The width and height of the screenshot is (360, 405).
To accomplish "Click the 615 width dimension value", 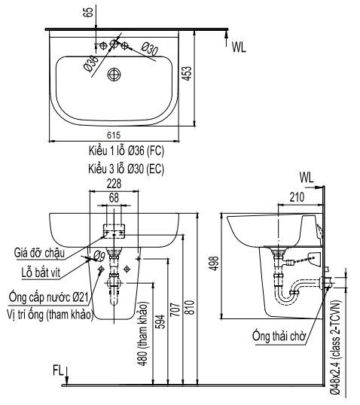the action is point(114,135).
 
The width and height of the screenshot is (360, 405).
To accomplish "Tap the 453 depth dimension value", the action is point(188,74).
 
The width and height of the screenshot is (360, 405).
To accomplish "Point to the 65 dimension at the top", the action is point(88,12).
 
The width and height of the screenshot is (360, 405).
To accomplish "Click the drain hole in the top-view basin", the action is point(114,75).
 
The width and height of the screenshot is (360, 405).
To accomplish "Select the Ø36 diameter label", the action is point(91,63).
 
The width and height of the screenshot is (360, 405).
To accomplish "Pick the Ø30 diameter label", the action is point(150,49).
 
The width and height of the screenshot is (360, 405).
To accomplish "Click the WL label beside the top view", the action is point(239,47).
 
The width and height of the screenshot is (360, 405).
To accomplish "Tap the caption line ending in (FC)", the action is point(127,151).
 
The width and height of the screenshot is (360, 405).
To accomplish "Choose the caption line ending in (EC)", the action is point(127,169).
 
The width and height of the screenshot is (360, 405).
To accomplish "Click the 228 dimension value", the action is point(114,184).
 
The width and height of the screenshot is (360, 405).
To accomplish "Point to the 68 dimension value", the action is point(114,198).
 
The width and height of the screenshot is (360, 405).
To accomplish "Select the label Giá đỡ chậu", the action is point(39,252).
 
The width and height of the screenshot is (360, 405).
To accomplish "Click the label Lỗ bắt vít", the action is point(41,273).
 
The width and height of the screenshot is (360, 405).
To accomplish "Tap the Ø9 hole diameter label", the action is point(99,256).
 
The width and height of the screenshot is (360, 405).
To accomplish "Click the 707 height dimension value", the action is point(175,309).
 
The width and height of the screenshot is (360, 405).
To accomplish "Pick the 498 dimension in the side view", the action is point(214,263).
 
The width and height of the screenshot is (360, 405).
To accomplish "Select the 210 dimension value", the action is point(297,197).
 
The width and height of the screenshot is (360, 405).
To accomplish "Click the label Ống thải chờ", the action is point(279,336).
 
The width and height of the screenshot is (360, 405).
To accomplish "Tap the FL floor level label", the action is point(58,370).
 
